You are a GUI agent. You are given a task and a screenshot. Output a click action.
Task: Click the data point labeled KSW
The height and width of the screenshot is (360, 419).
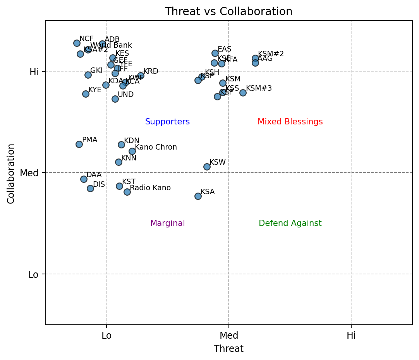[207, 167]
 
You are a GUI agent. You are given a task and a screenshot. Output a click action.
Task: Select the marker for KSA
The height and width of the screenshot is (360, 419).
[198, 196]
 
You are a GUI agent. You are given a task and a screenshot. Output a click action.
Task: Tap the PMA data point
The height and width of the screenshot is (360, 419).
[79, 144]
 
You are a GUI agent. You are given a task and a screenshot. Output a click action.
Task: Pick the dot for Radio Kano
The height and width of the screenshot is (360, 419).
[127, 192]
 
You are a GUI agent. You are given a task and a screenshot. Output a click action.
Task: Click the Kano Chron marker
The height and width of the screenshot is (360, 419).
[132, 151]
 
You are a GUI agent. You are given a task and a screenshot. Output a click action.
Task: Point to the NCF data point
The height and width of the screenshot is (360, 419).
[77, 43]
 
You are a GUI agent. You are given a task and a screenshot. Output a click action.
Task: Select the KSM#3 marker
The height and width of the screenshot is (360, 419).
[243, 93]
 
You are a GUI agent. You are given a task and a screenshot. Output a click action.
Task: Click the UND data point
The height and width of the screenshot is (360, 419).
[115, 99]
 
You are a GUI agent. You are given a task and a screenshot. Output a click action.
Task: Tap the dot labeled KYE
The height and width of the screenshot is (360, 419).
[86, 94]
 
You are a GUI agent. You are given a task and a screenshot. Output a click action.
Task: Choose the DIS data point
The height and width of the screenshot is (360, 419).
[90, 188]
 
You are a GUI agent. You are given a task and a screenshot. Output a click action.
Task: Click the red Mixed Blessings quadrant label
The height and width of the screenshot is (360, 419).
[290, 122]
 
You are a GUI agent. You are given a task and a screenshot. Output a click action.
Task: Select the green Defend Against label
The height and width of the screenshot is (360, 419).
[290, 223]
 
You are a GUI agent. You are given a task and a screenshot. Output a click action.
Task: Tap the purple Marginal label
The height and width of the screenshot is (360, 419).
[167, 223]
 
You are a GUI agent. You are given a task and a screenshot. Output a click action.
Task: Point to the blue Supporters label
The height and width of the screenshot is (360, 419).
[167, 122]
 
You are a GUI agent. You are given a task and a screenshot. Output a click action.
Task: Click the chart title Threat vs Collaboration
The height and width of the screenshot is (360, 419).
[228, 12]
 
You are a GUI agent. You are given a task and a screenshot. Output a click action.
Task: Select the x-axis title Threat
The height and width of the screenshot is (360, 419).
[228, 349]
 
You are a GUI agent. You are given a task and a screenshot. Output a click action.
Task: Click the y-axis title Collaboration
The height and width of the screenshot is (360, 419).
[11, 173]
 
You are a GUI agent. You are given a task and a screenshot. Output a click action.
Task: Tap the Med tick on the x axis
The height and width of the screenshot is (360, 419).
[229, 335]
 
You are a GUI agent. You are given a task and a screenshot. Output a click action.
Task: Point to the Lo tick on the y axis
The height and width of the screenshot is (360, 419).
[34, 275]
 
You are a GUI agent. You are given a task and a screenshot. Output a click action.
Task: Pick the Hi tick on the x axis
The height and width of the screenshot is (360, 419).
[351, 335]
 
